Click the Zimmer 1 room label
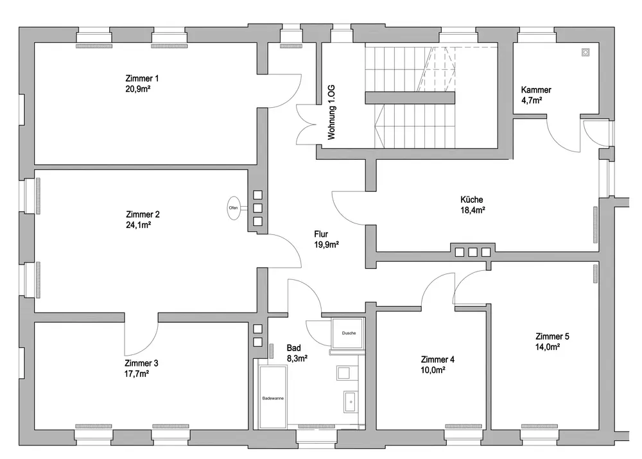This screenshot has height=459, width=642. tap(143, 78)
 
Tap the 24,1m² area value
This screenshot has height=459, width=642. tap(138, 225)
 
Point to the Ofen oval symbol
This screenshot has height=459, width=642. tap(234, 207)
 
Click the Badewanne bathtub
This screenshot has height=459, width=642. tap(273, 398)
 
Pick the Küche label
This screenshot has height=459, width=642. tap(472, 199)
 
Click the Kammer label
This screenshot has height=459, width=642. tap(536, 90)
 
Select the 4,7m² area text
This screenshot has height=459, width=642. tap(532, 101)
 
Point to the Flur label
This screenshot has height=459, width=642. tap(321, 234)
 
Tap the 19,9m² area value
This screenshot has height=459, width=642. tap(326, 244)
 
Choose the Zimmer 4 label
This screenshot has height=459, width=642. tap(438, 359)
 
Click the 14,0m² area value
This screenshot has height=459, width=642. tap(548, 347)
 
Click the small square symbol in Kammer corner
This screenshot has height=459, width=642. tap(585, 53)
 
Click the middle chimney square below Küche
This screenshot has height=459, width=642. tap(473, 252)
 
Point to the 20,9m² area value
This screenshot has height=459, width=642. tap(138, 89)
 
